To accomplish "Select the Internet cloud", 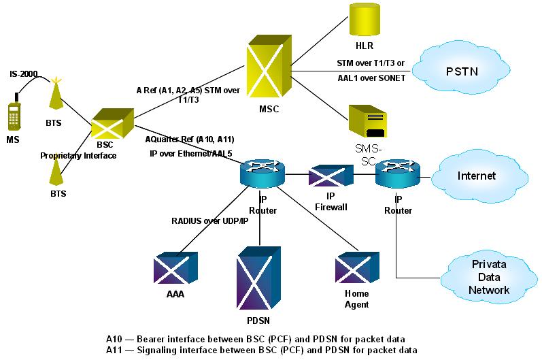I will click(477, 175).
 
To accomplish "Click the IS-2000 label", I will click(24, 73).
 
